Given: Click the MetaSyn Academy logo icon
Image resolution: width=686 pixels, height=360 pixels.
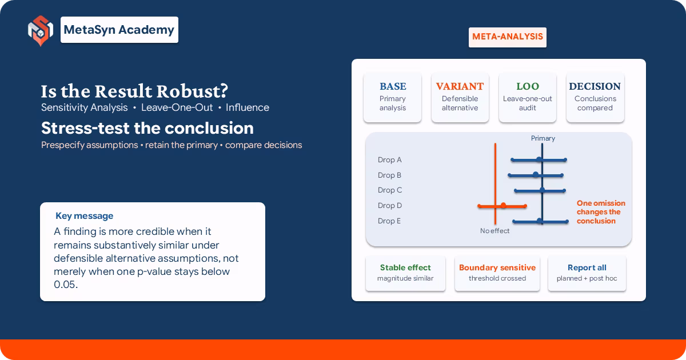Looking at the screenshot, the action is (x=41, y=31).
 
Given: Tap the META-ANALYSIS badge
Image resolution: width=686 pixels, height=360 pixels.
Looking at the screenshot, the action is (x=508, y=37).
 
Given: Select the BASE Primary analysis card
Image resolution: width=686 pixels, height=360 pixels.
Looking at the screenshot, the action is (x=393, y=97).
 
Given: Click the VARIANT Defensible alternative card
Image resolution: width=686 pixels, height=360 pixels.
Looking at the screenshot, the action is (x=460, y=97).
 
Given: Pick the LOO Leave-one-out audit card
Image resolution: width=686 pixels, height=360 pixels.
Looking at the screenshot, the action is (x=527, y=97).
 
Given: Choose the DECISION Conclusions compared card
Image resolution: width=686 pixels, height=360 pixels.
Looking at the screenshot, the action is (x=595, y=97).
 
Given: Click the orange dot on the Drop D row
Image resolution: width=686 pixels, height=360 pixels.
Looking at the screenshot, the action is (x=503, y=205).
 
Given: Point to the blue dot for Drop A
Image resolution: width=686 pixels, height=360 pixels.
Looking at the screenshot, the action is (x=539, y=159).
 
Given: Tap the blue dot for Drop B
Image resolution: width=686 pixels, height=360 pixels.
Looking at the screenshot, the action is (x=535, y=175).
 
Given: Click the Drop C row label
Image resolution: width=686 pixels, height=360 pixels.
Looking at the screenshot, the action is (x=389, y=190).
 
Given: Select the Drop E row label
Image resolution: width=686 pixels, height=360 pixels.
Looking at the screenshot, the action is (x=389, y=221).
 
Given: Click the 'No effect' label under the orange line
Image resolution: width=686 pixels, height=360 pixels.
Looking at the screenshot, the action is (x=494, y=231).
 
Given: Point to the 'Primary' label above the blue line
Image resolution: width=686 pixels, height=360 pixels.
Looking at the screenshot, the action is (x=543, y=138).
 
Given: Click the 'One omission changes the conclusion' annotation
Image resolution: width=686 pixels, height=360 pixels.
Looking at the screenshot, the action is (x=601, y=212).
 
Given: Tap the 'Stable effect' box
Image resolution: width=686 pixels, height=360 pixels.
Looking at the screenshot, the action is (x=405, y=273).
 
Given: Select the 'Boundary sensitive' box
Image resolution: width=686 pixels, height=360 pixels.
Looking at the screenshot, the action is (x=497, y=273).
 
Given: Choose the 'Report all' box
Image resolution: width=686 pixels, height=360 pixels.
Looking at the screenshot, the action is (x=587, y=273).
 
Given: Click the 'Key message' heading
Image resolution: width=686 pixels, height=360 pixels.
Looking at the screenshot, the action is (x=84, y=216).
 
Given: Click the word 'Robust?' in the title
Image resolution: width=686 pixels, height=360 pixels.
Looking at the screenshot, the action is (x=192, y=91).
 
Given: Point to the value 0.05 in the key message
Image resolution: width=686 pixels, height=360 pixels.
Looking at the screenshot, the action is (x=66, y=285).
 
